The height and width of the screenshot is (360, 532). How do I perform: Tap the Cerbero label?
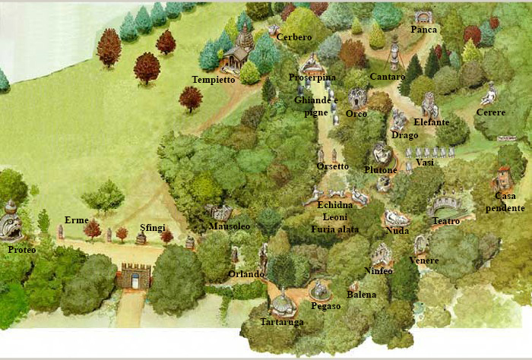[x=294, y=36]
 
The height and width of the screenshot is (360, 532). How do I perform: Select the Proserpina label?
[x=312, y=77]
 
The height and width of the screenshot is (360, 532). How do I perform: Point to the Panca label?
[x=424, y=30]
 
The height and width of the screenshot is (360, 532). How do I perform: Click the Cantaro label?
[x=388, y=77]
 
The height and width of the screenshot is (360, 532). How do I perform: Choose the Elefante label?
[x=432, y=122]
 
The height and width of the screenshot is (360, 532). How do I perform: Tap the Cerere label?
[x=490, y=112]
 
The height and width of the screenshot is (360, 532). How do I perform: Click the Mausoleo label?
[x=229, y=226]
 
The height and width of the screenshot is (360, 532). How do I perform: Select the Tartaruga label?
[x=280, y=322]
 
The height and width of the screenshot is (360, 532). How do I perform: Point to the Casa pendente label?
[x=505, y=202]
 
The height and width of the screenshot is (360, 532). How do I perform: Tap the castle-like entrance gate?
[x=134, y=275]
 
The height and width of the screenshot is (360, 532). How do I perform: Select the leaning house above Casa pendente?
[x=501, y=178]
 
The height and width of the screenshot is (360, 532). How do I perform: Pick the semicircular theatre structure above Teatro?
[x=444, y=205]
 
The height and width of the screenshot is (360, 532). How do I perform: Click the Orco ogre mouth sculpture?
[x=356, y=98]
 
